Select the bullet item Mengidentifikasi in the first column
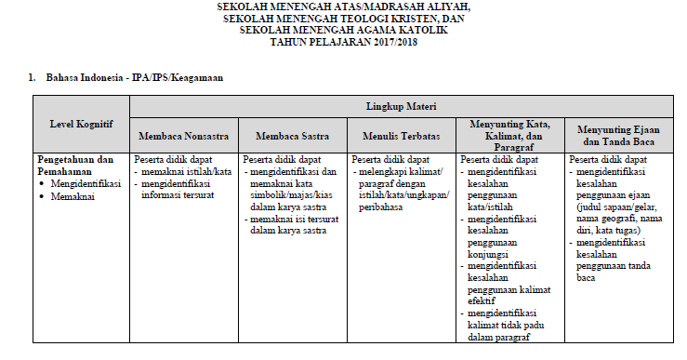86,184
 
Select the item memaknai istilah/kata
185,172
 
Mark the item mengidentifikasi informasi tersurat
185,190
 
